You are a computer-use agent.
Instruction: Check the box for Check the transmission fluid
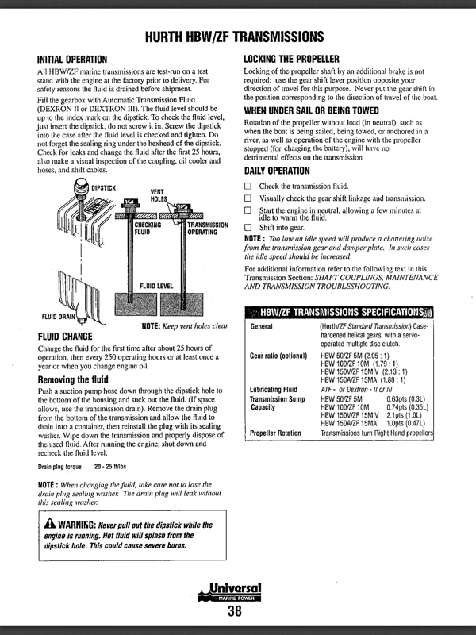tap(248, 185)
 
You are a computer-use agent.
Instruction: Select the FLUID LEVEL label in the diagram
tap(157, 284)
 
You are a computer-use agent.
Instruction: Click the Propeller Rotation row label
tap(276, 433)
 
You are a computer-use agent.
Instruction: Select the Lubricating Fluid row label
tap(274, 390)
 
